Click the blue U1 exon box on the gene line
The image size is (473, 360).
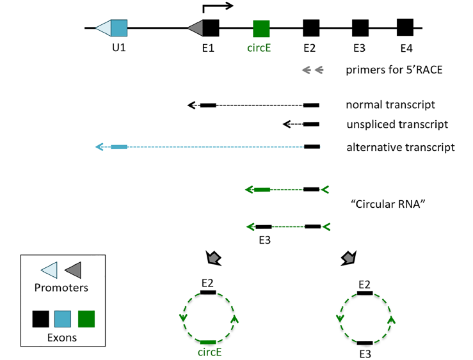point(119,28)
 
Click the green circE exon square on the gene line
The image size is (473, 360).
point(261,28)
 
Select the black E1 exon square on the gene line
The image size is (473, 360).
point(211,28)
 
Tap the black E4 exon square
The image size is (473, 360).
point(405,27)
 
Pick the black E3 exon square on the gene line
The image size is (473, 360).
point(360,28)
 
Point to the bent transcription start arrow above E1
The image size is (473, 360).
point(217,8)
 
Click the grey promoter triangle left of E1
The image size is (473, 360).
point(196,28)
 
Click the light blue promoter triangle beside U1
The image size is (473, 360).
point(103,28)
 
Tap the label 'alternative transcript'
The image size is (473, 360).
point(401,148)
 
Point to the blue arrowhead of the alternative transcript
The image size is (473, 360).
point(99,147)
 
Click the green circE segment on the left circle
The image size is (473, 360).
point(208,343)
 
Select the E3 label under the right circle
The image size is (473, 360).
point(365,353)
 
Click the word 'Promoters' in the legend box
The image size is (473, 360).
point(61,288)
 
